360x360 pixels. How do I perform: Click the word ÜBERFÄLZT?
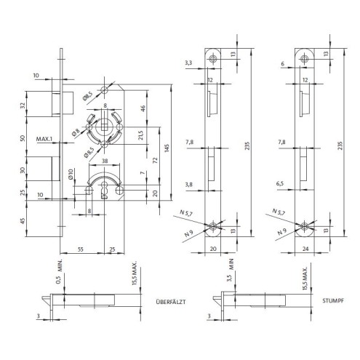[x=171, y=302]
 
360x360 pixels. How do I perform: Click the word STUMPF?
[x=333, y=300]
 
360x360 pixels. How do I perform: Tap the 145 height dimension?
[x=167, y=148]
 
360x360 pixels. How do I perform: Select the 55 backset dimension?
[x=81, y=249]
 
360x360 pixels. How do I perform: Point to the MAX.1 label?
[x=44, y=139]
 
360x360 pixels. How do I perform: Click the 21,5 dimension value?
[x=140, y=135]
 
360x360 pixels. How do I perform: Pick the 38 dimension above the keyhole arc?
[x=105, y=161]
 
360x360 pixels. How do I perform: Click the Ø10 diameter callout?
[x=71, y=175]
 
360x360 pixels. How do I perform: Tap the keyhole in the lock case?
[x=105, y=191]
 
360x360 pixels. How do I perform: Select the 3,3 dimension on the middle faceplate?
[x=188, y=63]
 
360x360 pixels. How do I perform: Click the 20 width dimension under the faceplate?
[x=213, y=249]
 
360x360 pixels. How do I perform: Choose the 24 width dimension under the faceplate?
[x=305, y=249]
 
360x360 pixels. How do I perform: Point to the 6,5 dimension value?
[x=280, y=183]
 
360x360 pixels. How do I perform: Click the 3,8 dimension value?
[x=189, y=185]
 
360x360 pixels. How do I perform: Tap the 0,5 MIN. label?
[x=60, y=271]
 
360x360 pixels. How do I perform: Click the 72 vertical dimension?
[x=155, y=160]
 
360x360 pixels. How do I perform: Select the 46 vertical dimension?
[x=143, y=108]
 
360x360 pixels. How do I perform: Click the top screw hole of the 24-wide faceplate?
[x=304, y=58]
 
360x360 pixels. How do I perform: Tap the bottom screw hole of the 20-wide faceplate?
[x=213, y=226]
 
